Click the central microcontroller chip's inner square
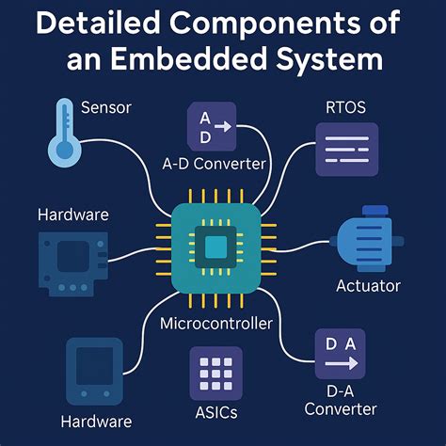(x=216, y=247)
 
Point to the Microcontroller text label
(x=216, y=324)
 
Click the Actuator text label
(x=369, y=285)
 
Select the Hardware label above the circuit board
(x=72, y=215)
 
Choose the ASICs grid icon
(x=215, y=372)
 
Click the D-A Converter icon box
(x=340, y=354)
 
